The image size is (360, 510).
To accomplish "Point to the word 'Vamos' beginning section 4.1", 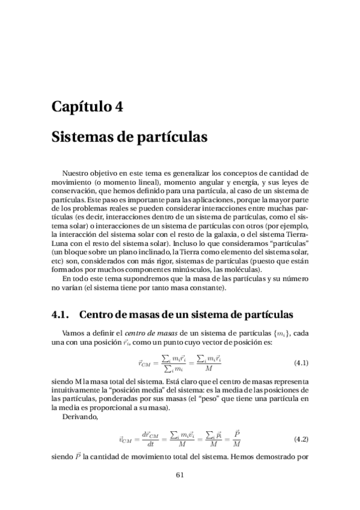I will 74,332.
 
